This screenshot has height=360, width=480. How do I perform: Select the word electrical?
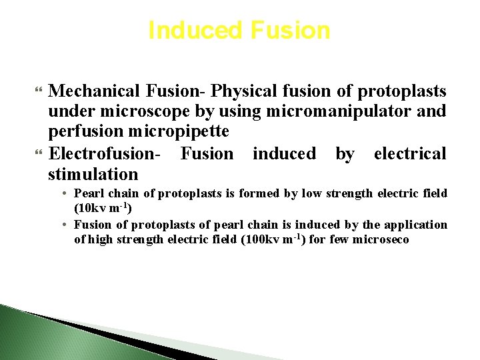409,153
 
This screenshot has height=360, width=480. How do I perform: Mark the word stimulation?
93,174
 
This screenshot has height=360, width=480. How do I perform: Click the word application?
414,225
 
